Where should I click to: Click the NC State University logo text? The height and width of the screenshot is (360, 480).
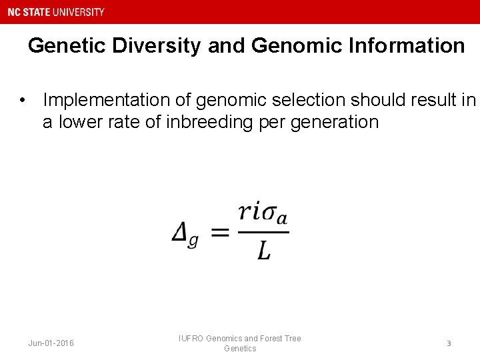(x=56, y=12)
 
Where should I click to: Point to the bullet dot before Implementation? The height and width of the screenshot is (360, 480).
(x=23, y=100)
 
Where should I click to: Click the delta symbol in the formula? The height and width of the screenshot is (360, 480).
(x=179, y=233)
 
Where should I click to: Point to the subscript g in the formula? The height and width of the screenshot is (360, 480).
(x=193, y=241)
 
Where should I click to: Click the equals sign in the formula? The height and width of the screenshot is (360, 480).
(x=220, y=233)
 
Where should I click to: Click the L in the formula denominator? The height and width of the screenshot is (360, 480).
(x=264, y=251)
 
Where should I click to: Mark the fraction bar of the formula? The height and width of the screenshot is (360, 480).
(x=263, y=232)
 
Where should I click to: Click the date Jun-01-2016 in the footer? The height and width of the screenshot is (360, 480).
(x=51, y=343)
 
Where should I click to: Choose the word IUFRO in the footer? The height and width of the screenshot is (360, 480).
(x=191, y=339)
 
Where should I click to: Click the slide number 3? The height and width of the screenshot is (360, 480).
(x=449, y=343)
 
